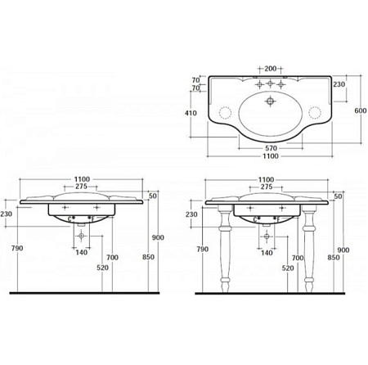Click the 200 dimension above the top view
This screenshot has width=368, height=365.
tap(270, 69)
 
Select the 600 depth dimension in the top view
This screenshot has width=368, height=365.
tap(361, 110)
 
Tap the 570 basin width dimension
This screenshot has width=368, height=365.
tap(271, 148)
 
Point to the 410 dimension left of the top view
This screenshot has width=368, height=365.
tap(191, 113)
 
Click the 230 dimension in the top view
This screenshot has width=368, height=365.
tap(339, 84)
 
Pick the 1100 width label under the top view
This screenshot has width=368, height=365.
tap(271, 156)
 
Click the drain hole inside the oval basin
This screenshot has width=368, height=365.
tap(270, 101)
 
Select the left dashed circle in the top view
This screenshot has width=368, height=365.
tap(226, 112)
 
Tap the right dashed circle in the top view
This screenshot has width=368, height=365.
tap(315, 112)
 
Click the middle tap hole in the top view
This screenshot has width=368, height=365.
tap(270, 83)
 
